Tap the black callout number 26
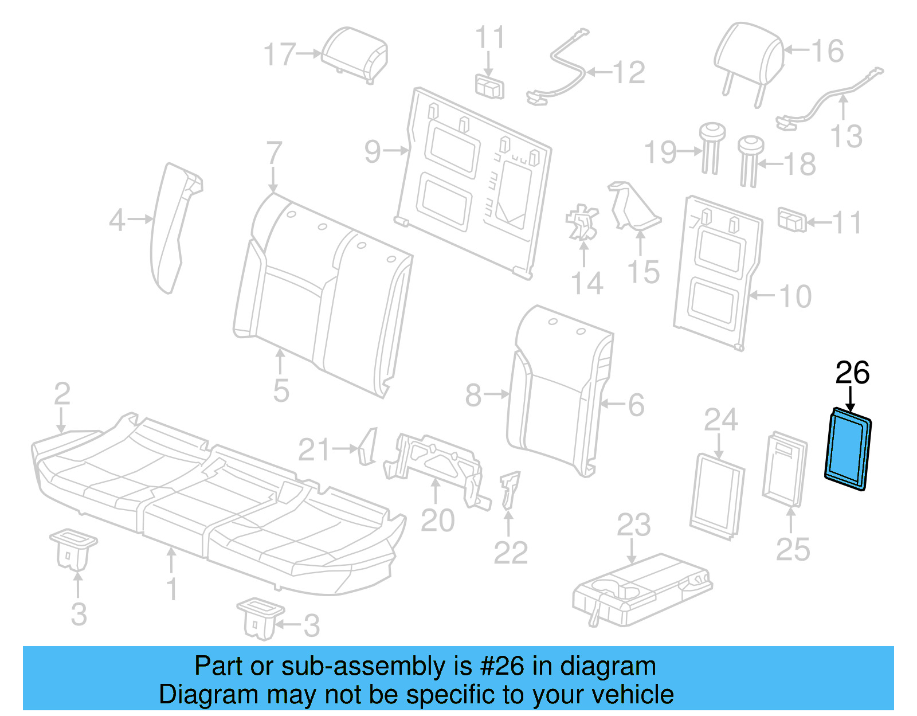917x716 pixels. tap(852, 373)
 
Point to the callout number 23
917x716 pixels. tap(633, 525)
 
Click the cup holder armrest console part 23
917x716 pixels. tap(642, 591)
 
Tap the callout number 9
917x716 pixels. tap(373, 151)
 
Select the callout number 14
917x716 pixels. tap(587, 284)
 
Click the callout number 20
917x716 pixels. tap(437, 521)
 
